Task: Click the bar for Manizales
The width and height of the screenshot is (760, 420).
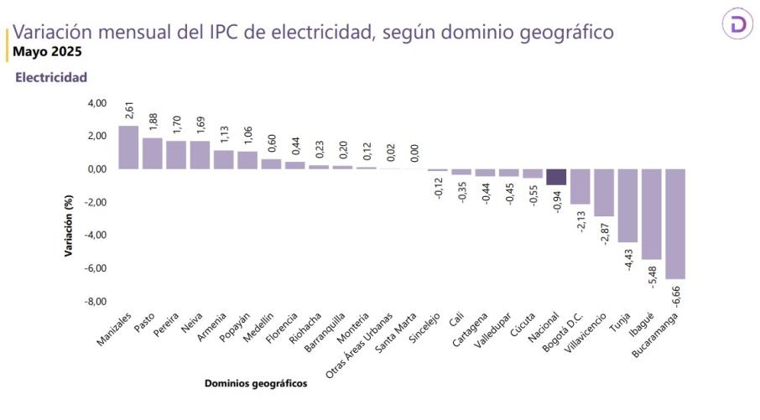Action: coord(128,148)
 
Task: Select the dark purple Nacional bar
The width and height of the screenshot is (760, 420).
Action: coord(556,176)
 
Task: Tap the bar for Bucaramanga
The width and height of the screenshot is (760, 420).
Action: coord(675,223)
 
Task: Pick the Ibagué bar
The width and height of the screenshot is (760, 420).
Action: coord(652,214)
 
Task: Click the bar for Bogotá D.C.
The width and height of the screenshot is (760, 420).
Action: coord(580,186)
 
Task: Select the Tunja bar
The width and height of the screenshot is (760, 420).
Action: coord(628,205)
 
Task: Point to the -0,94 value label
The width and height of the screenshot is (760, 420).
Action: coord(558,201)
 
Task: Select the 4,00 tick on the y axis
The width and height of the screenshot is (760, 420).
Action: coord(96,103)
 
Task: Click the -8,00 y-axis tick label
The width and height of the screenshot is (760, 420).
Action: coord(96,301)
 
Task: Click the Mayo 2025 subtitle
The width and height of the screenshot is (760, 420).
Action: coord(47,50)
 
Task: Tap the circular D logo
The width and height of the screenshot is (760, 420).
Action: coord(738,25)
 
